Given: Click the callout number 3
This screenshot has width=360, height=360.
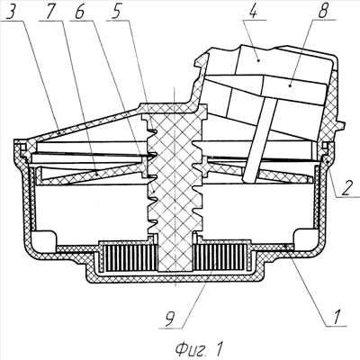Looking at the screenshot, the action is pyautogui.click(x=13, y=12).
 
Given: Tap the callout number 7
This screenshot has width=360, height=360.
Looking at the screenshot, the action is pyautogui.click(x=50, y=12).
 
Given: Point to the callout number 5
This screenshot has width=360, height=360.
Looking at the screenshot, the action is pyautogui.click(x=115, y=12).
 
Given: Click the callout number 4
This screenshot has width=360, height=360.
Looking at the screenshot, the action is pyautogui.click(x=255, y=12).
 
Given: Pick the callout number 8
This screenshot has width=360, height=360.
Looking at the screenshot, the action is pyautogui.click(x=323, y=12).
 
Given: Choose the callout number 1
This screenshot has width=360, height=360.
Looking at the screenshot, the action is pyautogui.click(x=337, y=317).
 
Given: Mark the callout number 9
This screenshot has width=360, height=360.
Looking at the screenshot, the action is pyautogui.click(x=169, y=319).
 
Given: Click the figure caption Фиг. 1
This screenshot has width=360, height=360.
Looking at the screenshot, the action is pyautogui.click(x=199, y=348).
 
